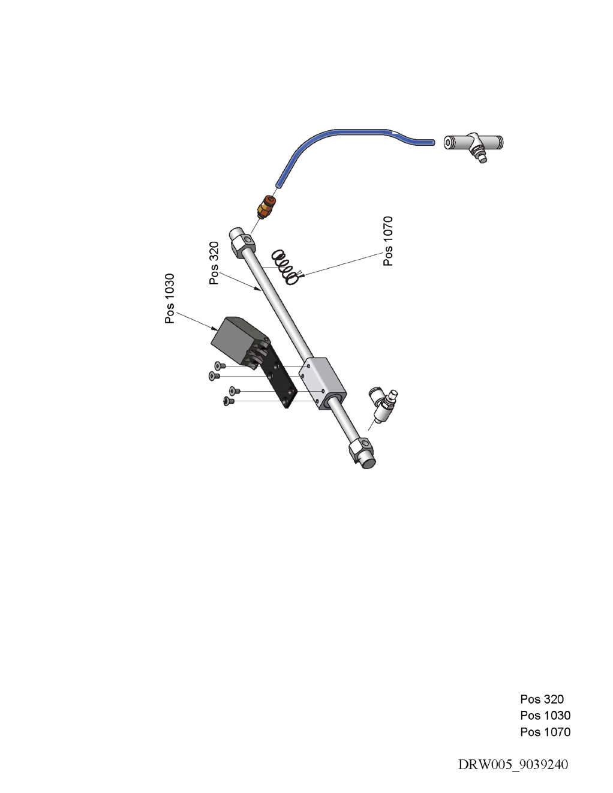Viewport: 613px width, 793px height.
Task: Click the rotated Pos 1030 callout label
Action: tap(170, 299)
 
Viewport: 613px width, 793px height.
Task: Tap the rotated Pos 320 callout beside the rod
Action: tap(214, 263)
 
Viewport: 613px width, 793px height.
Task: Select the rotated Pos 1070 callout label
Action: tap(389, 241)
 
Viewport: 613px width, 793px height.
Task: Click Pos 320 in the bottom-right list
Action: tap(542, 699)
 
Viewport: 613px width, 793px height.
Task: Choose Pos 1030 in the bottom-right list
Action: tap(545, 715)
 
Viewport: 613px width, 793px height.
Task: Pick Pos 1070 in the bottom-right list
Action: tap(545, 732)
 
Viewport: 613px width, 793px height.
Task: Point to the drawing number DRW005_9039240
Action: tap(513, 764)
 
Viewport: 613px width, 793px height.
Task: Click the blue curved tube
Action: tap(336, 136)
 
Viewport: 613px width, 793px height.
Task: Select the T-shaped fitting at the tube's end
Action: tap(474, 145)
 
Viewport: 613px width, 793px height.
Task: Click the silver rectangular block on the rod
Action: tap(323, 381)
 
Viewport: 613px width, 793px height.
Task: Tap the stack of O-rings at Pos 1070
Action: tap(285, 266)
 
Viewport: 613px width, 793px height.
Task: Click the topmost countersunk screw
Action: tap(220, 365)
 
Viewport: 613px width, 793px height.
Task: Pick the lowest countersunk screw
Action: tap(228, 401)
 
